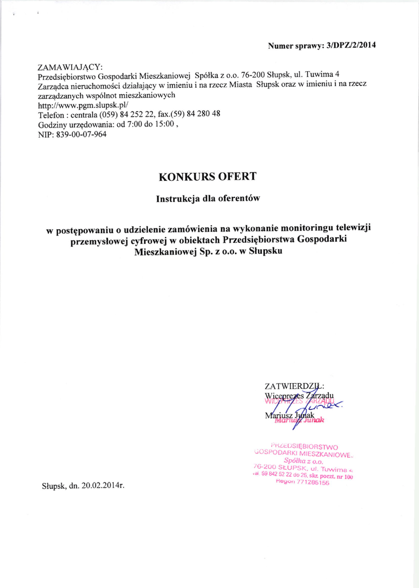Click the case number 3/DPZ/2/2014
pos(351,45)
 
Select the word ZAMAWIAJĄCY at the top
pos(70,67)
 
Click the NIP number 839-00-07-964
pos(81,134)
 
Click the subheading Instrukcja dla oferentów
pos(209,199)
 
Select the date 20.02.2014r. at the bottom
pos(103,485)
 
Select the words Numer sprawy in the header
pos(295,45)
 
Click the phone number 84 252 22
pos(136,114)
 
